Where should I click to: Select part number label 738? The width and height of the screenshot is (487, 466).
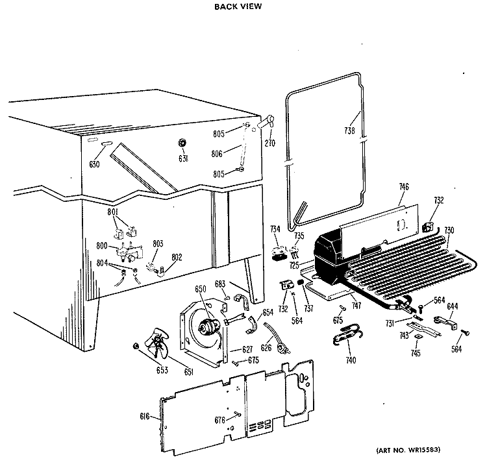[x=349, y=130]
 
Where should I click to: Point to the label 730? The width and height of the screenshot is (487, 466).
[x=449, y=231]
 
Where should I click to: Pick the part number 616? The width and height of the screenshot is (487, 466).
[x=145, y=416]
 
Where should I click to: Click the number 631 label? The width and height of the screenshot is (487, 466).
[x=182, y=159]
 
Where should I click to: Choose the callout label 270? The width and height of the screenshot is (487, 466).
[x=271, y=142]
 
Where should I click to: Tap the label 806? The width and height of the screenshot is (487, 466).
[x=217, y=153]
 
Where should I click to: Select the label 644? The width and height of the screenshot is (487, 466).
[x=453, y=306]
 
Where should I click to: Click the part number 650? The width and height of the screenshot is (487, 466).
[x=201, y=288]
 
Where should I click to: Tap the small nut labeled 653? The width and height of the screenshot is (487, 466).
[x=136, y=345]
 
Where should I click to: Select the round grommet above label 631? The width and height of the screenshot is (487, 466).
[x=182, y=142]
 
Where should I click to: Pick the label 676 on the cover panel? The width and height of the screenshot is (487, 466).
[x=220, y=421]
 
